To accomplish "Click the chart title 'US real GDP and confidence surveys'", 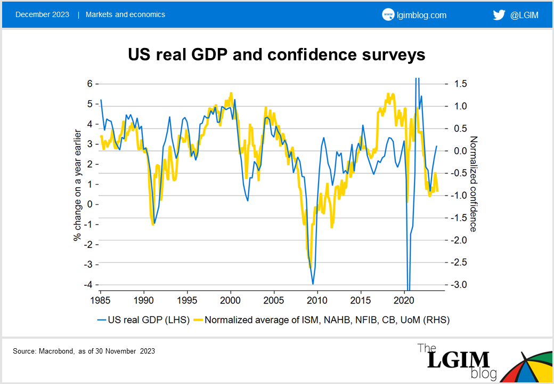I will [x=276, y=55].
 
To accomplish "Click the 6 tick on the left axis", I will [x=90, y=84].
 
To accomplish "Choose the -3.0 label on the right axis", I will [x=460, y=284].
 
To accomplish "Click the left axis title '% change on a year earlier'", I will [x=77, y=185].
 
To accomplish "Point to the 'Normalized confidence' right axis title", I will [x=472, y=185].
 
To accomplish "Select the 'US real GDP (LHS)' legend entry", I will [x=143, y=320].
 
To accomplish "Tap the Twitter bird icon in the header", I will [x=499, y=15].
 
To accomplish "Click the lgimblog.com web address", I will [x=421, y=15].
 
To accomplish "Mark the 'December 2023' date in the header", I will [x=42, y=14].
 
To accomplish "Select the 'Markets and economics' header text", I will [x=125, y=14].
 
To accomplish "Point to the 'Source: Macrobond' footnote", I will [x=84, y=351].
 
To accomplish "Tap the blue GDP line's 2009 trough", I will [x=313, y=284].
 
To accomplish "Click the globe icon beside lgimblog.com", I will [x=388, y=15].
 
